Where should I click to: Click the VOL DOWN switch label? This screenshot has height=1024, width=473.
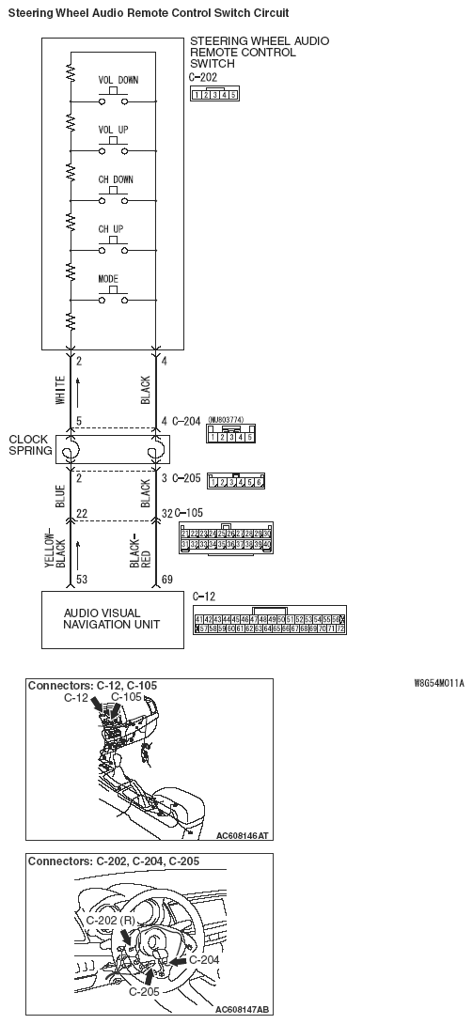[118, 80]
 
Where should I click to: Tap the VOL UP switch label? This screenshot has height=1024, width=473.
[115, 129]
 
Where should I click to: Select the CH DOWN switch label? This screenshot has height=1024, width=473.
[116, 179]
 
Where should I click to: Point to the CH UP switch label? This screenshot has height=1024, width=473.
[111, 229]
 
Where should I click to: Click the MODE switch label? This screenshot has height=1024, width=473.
[108, 279]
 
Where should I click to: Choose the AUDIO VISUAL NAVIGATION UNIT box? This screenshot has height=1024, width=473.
[111, 619]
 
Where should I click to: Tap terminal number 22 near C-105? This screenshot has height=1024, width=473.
[82, 513]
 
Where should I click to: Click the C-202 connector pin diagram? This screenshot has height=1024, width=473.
[213, 94]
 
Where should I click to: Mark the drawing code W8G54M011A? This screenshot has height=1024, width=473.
[438, 684]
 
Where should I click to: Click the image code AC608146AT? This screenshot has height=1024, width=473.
[243, 834]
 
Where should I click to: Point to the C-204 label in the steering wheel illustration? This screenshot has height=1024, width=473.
[204, 959]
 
